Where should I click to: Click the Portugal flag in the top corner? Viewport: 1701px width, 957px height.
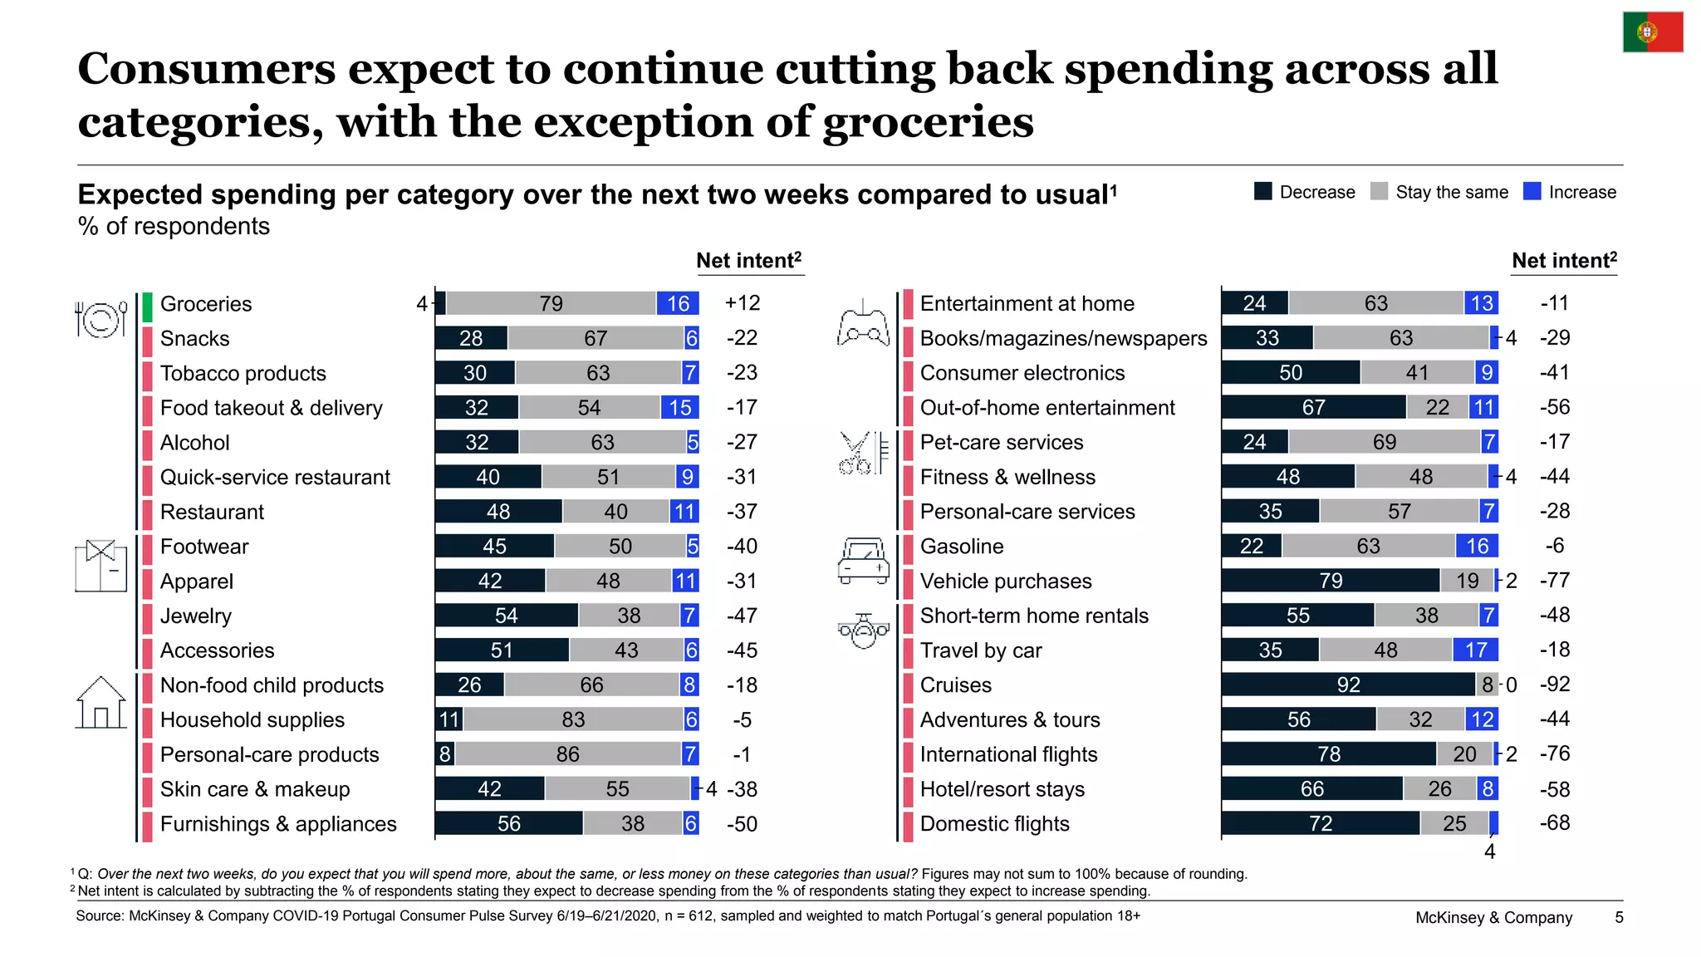click(x=1653, y=32)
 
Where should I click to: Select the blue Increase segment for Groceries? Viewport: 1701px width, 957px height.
click(x=678, y=303)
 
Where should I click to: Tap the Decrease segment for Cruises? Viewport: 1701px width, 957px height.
click(x=1348, y=685)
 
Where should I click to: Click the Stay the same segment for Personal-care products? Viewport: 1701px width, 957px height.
click(x=568, y=754)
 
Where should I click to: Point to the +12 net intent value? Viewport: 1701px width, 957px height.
click(x=742, y=303)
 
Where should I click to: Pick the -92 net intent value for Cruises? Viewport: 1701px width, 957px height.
click(x=1555, y=685)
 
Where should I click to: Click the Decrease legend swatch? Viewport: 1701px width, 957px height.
click(x=1262, y=191)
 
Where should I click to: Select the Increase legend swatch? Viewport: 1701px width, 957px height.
click(x=1532, y=191)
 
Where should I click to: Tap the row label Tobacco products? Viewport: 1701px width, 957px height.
click(x=243, y=373)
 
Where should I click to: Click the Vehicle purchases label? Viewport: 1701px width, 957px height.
click(x=1005, y=581)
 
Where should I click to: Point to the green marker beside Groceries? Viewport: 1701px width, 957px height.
click(x=147, y=307)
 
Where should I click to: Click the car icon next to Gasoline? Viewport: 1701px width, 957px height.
click(x=863, y=561)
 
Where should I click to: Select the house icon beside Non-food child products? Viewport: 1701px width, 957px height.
click(x=100, y=702)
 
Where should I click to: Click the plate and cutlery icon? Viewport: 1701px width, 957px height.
click(x=100, y=318)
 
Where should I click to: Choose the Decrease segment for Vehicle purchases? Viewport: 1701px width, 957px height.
click(x=1331, y=581)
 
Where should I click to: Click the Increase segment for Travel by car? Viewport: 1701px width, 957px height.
click(x=1476, y=650)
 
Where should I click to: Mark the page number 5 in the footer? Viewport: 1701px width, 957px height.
click(x=1619, y=917)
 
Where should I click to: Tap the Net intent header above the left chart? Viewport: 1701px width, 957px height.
click(x=748, y=261)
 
